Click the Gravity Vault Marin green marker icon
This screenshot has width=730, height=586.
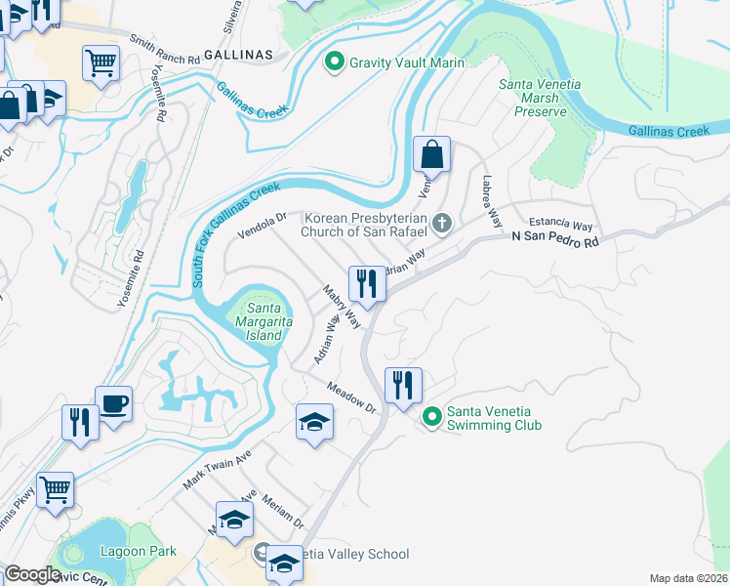click(335, 63)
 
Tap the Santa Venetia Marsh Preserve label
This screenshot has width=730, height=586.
click(540, 98)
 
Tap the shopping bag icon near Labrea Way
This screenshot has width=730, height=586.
click(431, 154)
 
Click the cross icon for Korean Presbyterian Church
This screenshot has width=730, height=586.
click(442, 225)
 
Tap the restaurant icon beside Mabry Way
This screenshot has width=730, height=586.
click(367, 283)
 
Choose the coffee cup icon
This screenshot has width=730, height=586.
click(113, 403)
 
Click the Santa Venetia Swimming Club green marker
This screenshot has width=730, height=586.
click(431, 417)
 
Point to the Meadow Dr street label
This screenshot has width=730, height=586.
click(351, 397)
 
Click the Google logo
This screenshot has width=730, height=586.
click(33, 574)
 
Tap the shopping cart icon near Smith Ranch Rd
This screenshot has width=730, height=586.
click(101, 63)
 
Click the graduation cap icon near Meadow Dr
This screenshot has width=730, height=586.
click(314, 422)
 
